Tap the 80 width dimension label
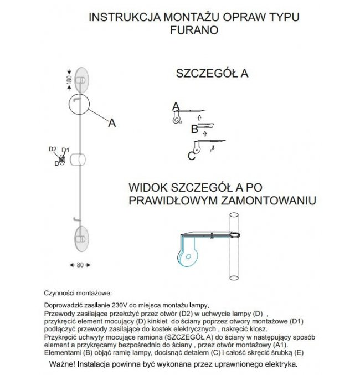pyautogui.click(x=80, y=265)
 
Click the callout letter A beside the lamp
pyautogui.click(x=112, y=123)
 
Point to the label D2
pyautogui.click(x=53, y=149)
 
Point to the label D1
pyautogui.click(x=65, y=150)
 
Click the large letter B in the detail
pyautogui.click(x=194, y=130)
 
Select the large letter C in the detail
pyautogui.click(x=191, y=156)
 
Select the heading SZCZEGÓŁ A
pyautogui.click(x=212, y=74)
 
